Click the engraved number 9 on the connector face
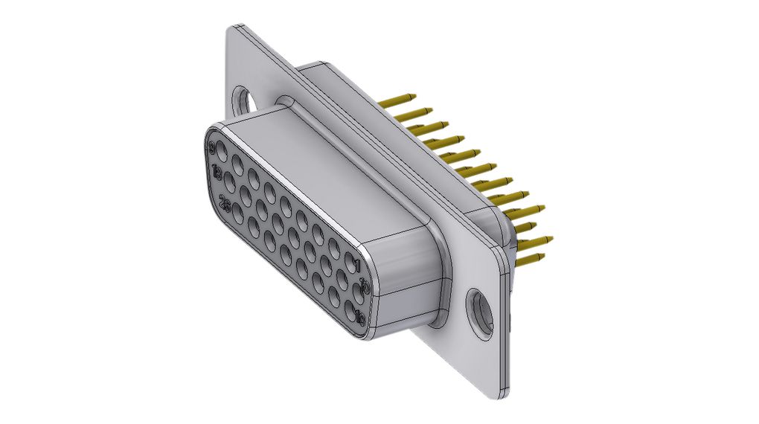click(x=215, y=146)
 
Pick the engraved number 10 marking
click(x=364, y=286)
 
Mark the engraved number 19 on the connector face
click(x=361, y=317)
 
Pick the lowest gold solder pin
click(x=529, y=260)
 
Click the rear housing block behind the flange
click(x=387, y=112)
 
